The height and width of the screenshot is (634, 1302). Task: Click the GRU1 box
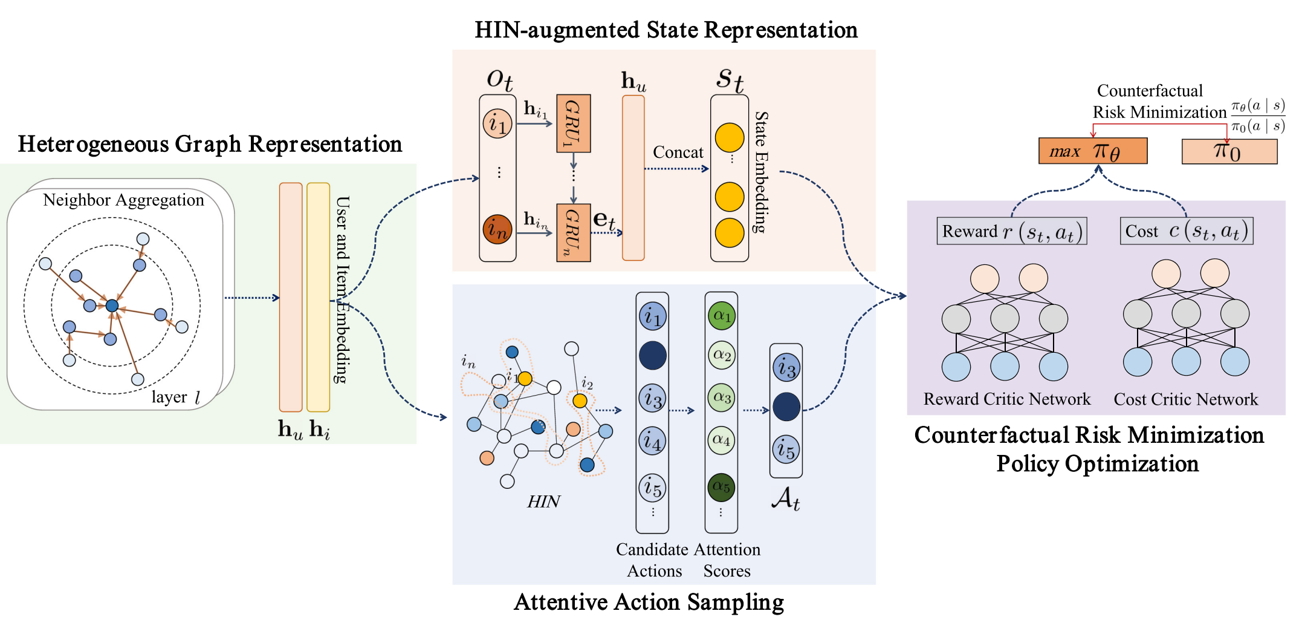click(573, 123)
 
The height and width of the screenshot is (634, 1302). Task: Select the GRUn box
click(573, 233)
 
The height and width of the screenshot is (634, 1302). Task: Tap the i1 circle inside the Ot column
click(497, 124)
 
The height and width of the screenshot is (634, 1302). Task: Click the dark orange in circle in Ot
click(497, 229)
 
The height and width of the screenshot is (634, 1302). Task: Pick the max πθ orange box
click(1092, 151)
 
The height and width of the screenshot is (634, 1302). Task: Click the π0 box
click(1229, 151)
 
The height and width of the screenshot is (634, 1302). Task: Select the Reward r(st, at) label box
click(1011, 231)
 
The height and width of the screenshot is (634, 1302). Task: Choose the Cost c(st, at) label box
click(1186, 231)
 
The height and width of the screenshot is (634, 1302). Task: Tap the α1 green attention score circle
click(722, 315)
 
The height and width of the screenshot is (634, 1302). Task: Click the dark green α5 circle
click(721, 487)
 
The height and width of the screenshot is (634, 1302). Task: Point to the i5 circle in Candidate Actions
click(652, 488)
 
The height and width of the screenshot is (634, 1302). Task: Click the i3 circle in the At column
click(786, 368)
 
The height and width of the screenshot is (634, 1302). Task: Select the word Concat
click(678, 152)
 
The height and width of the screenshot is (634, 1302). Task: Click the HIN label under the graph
click(543, 502)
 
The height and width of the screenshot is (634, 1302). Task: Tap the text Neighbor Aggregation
click(123, 200)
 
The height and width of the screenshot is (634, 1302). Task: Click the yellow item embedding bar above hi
click(318, 296)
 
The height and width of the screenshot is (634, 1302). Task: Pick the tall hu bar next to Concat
click(633, 178)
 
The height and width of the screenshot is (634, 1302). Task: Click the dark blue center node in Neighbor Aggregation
click(112, 306)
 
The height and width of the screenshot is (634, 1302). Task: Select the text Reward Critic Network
click(1006, 399)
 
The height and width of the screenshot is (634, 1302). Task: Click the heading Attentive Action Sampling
click(649, 602)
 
